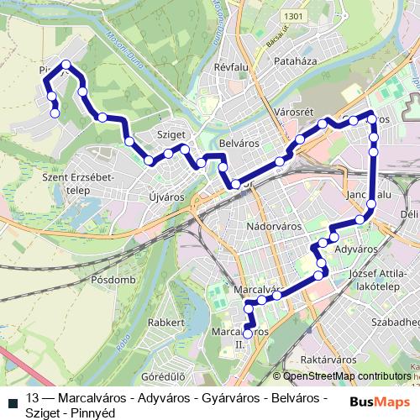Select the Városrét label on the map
293,112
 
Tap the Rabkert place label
165,323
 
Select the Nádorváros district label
275,227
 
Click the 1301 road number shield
292,16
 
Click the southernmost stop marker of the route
247,333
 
